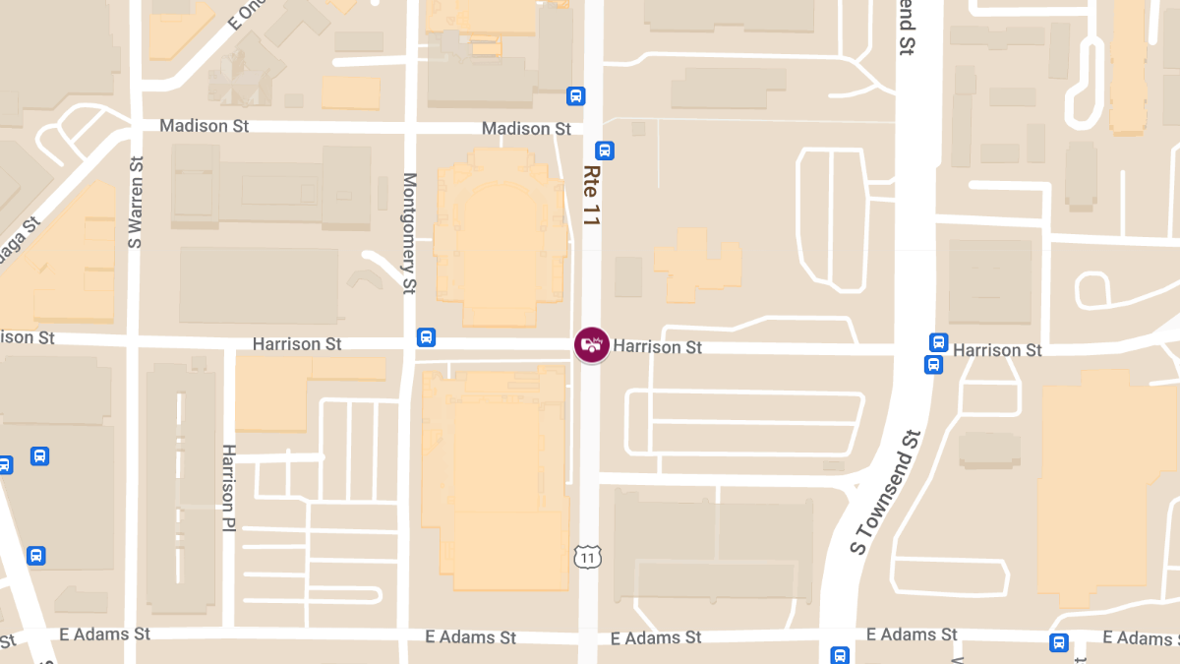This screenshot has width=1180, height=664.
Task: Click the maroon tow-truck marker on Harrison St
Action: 591,345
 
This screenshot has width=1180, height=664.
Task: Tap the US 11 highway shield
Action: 587,558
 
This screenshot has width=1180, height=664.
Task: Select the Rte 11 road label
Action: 591,196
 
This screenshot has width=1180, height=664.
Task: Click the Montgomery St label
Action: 410,233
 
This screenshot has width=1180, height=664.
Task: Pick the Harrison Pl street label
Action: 229,488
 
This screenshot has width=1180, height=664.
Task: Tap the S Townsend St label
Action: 885,492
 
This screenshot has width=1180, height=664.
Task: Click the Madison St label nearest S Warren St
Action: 205,126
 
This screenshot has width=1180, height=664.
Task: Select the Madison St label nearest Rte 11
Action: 526,129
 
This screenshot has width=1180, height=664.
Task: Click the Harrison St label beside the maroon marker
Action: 658,347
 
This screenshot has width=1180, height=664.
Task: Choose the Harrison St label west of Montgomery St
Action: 297,344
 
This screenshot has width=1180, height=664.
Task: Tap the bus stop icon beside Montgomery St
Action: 426,337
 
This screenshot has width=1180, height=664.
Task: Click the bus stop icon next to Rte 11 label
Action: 605,151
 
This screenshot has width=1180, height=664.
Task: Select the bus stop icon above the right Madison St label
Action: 575,95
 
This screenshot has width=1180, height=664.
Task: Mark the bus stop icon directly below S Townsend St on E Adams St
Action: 840,654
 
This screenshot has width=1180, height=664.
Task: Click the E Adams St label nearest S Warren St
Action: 104,634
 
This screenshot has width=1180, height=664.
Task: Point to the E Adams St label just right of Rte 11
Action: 656,637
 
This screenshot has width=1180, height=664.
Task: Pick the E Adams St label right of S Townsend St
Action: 913,634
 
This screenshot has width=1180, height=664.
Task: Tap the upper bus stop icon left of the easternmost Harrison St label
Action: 938,342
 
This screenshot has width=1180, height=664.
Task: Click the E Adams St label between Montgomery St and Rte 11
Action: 471,637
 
